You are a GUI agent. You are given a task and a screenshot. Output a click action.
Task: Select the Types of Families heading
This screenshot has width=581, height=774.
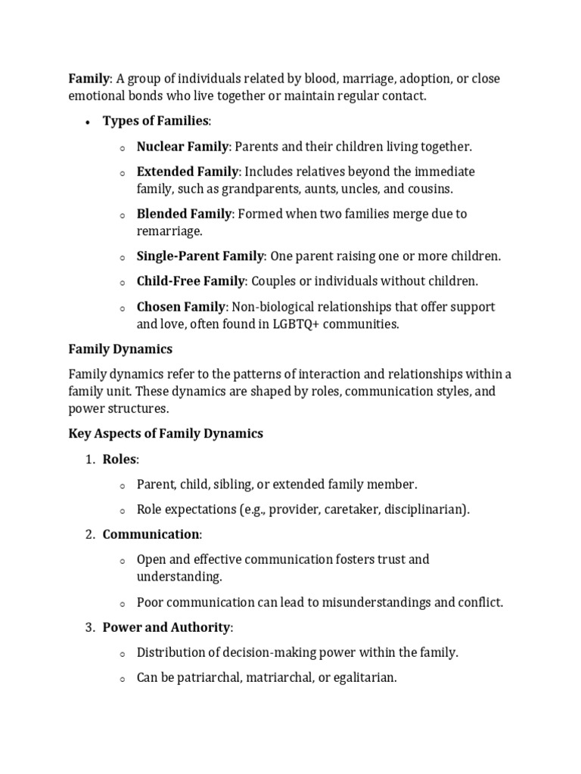[156, 121]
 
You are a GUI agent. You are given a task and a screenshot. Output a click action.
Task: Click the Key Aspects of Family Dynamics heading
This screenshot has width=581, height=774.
[166, 433]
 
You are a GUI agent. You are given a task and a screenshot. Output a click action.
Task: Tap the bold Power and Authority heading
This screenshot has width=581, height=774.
[166, 627]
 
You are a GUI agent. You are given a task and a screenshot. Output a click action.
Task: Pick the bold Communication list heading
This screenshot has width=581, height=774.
[151, 534]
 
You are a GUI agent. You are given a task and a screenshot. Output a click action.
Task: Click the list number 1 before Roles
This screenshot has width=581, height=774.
[89, 459]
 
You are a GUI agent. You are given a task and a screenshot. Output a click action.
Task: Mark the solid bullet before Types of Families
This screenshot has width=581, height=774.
[88, 122]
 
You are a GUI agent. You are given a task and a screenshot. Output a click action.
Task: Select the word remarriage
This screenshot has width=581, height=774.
[171, 231]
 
